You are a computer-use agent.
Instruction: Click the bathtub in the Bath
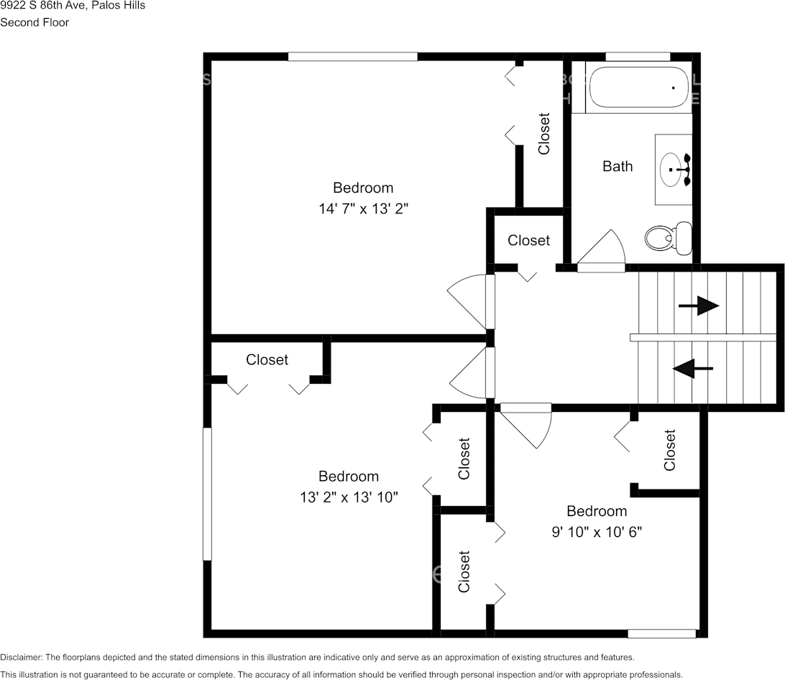[639, 88]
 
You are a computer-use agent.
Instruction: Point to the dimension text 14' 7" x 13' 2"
[363, 209]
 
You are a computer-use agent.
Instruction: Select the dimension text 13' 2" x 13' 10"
[349, 497]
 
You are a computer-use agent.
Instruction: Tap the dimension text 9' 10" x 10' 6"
[597, 533]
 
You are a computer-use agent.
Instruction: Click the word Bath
[618, 167]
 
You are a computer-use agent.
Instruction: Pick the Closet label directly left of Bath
[544, 134]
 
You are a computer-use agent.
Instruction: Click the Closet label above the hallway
[528, 241]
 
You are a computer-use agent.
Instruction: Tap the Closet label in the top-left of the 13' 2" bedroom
[267, 360]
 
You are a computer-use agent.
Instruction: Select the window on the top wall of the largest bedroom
[352, 57]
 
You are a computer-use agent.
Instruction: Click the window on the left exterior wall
[207, 494]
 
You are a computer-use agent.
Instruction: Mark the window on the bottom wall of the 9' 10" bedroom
[662, 633]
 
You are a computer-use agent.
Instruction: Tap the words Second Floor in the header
[35, 22]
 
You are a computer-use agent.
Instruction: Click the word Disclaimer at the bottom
[21, 658]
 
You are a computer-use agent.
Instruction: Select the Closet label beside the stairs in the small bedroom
[670, 450]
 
